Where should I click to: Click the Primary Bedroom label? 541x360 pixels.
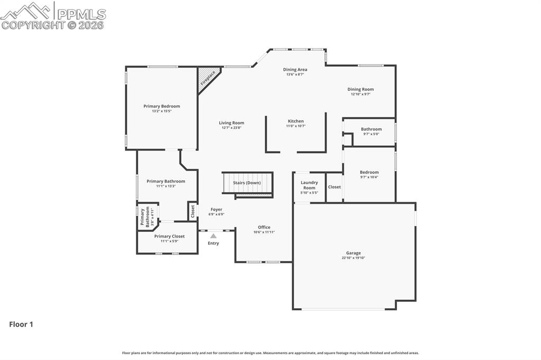(x=162, y=106)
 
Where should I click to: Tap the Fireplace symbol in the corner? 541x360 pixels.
(x=208, y=79)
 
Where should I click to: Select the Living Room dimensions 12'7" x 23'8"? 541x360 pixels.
(x=231, y=128)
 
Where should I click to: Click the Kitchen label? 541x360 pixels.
(x=296, y=121)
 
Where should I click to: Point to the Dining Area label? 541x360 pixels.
(x=295, y=69)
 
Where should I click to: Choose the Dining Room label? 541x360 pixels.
(x=360, y=89)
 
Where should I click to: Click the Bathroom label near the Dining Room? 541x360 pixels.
(x=371, y=129)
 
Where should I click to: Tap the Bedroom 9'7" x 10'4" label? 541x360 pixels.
(x=369, y=172)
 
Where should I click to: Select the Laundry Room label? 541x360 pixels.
(x=309, y=185)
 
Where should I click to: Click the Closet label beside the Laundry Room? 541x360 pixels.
(x=334, y=187)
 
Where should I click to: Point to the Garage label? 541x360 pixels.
(x=353, y=253)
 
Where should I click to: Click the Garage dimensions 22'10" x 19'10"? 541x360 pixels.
(x=353, y=258)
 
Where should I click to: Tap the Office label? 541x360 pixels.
(x=264, y=227)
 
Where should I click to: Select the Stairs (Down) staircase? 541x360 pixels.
(x=247, y=184)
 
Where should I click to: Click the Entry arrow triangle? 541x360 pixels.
(x=213, y=236)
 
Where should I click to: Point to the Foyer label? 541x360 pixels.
(x=216, y=210)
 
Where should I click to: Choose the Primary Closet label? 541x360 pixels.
(x=169, y=236)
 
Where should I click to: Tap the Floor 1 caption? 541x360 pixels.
(x=21, y=325)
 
